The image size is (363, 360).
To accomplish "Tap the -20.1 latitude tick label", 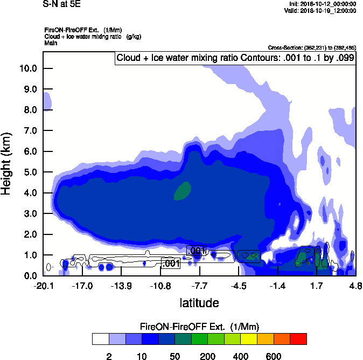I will pyautogui.click(x=43, y=285).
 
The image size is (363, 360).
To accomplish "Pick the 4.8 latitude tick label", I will pyautogui.click(x=355, y=285).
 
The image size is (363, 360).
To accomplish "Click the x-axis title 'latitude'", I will pyautogui.click(x=199, y=303).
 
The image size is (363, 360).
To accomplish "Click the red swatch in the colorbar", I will pyautogui.click(x=298, y=339).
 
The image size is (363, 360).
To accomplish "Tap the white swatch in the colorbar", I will pyautogui.click(x=100, y=339).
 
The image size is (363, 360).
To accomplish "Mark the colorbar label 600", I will pyautogui.click(x=274, y=356).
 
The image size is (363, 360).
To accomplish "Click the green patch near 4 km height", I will pyautogui.click(x=183, y=190).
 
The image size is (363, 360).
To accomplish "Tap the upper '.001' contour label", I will pyautogui.click(x=196, y=250).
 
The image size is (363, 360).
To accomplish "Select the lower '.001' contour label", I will pyautogui.click(x=170, y=263).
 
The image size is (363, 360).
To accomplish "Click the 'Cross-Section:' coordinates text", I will pyautogui.click(x=312, y=47).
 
